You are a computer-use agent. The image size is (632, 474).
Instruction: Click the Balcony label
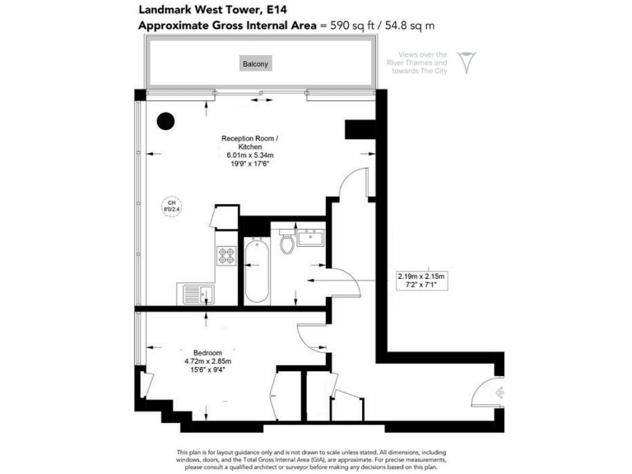255,63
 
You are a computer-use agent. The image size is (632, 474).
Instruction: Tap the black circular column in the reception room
166,120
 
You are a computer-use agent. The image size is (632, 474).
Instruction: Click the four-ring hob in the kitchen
226,256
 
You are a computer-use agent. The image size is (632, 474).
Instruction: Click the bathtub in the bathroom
257,272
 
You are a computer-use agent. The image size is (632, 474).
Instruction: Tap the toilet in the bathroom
286,244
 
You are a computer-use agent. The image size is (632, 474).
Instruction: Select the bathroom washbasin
311,239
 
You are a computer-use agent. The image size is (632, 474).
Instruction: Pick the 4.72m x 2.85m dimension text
207,360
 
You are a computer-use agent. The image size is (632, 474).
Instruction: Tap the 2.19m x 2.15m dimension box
420,281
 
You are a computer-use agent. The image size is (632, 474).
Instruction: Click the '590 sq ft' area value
347,25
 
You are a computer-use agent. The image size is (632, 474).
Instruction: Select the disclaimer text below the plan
315,460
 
